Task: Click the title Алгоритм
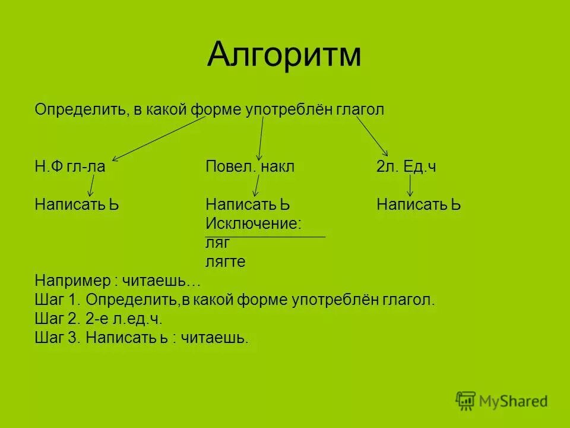(x=284, y=55)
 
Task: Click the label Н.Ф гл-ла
(x=70, y=167)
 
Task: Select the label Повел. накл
(x=250, y=167)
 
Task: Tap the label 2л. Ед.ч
(x=406, y=167)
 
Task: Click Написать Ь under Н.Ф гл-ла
(x=77, y=205)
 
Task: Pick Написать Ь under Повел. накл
(x=248, y=205)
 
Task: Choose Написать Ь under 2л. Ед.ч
(x=419, y=205)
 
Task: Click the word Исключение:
(x=254, y=224)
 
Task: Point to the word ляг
(x=217, y=243)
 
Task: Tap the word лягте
(x=226, y=262)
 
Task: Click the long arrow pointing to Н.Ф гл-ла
(x=157, y=138)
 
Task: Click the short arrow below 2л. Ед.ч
(x=410, y=185)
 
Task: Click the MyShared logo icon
(x=465, y=401)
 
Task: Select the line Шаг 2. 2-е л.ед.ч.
(x=99, y=319)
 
